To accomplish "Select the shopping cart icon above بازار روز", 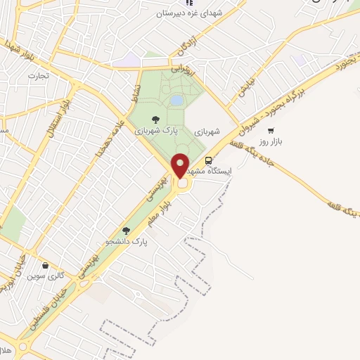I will pos(271,131).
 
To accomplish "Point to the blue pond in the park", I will pos(176,101).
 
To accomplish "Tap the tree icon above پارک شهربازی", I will pos(156,120).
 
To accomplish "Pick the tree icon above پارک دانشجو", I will pos(126,230).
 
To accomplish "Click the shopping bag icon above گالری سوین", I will pos(46,266).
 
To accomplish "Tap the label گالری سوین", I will pos(46,276).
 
